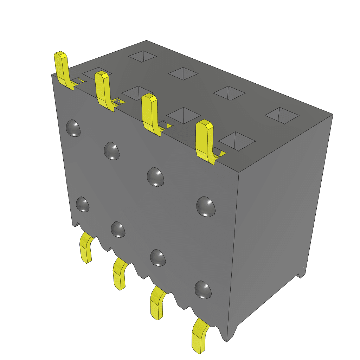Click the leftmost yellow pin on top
62,70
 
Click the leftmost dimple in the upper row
73,128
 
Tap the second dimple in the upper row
112,150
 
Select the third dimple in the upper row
156,176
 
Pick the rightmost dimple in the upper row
206,206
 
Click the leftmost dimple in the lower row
83,204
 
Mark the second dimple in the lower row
118,229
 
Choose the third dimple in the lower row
157,257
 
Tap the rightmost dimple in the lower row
203,290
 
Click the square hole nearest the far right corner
282,115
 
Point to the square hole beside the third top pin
184,115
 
